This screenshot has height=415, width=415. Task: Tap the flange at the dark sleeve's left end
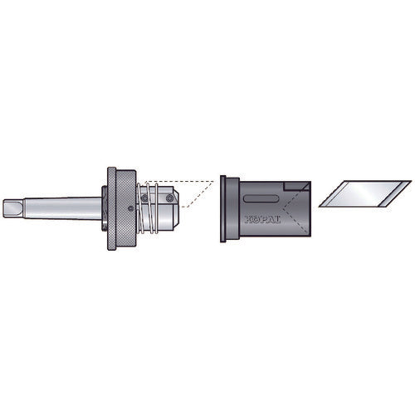[224, 208]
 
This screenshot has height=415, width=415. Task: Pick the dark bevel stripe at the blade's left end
[330, 197]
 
